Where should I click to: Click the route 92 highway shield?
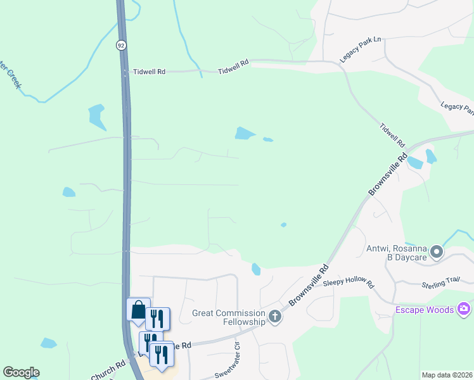120,45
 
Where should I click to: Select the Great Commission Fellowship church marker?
274,316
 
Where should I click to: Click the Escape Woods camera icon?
464,308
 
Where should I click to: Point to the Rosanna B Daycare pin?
436,253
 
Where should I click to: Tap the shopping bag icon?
139,310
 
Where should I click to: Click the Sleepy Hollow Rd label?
349,282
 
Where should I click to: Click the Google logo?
21,372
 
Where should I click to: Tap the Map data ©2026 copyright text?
447,375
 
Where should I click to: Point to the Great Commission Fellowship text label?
229,317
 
